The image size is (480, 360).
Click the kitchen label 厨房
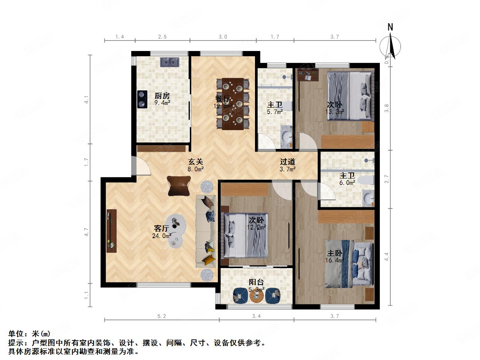point(162,95)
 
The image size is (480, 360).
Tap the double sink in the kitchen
point(169,62)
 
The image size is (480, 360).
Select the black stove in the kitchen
point(141,99)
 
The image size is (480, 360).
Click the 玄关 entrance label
point(195,162)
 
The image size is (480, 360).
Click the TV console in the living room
point(111,231)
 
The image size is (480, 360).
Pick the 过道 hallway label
point(288,162)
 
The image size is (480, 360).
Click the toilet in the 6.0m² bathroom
point(366,181)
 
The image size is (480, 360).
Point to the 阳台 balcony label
point(256,282)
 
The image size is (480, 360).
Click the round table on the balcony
point(256,297)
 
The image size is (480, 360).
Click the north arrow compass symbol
point(390,45)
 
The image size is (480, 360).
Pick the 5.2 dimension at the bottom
point(162,316)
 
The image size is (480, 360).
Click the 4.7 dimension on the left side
point(87,232)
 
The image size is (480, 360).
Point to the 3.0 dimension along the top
point(223,37)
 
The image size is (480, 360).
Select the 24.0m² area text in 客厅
point(162,236)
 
